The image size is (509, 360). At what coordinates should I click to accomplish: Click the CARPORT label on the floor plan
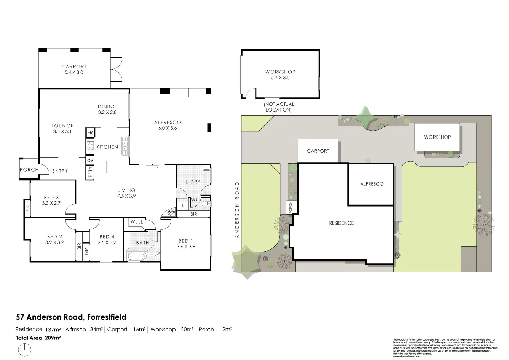coord(74,67)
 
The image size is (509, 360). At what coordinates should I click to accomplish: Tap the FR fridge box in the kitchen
coord(90,133)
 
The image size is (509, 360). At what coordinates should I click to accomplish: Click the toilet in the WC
coord(206,204)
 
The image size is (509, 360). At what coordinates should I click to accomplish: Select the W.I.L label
coord(137,222)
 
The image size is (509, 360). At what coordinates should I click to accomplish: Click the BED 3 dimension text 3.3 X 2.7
coord(51,203)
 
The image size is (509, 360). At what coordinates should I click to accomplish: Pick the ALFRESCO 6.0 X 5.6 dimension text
coord(168,128)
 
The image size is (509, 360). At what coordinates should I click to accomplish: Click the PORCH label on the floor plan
coord(29,170)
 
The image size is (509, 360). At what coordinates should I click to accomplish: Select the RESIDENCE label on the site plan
coord(341,223)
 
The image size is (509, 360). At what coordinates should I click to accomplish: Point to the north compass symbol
coord(25,349)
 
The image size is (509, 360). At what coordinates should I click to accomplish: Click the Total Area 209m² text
coord(38,338)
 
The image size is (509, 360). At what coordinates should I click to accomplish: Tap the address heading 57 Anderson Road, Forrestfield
coord(71,317)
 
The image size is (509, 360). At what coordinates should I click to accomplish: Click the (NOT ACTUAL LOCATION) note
coord(279,107)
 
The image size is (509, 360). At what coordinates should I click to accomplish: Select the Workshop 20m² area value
coord(187,330)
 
